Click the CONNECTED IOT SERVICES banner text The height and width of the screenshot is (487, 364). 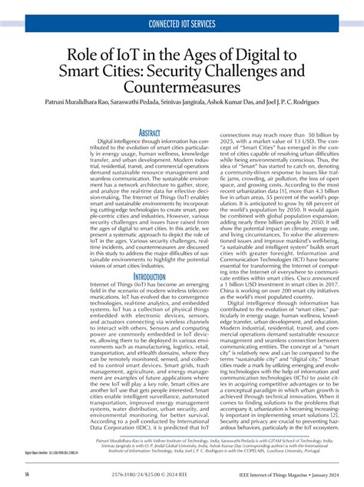(x=182, y=25)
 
